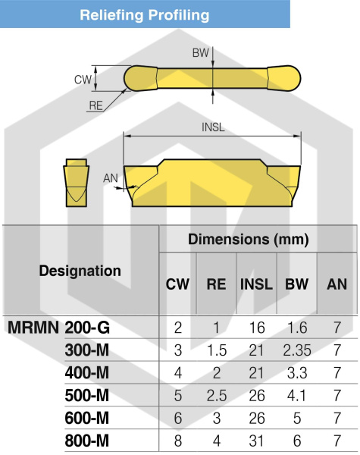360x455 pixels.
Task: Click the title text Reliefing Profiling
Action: click(x=145, y=15)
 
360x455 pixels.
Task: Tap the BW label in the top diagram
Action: click(x=200, y=53)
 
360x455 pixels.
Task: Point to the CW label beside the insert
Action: click(x=83, y=80)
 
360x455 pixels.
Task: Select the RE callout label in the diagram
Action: click(x=96, y=105)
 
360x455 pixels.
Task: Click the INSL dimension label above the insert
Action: click(x=213, y=127)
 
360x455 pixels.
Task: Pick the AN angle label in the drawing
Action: click(x=111, y=178)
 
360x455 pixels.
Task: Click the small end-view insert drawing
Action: click(x=76, y=183)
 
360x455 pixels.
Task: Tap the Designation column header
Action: click(x=80, y=271)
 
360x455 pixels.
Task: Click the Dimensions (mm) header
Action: click(x=249, y=239)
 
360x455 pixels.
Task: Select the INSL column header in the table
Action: click(x=256, y=284)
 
